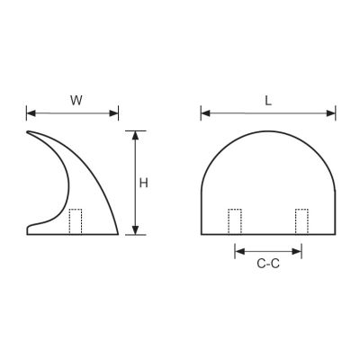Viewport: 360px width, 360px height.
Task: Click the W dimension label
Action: click(x=76, y=100)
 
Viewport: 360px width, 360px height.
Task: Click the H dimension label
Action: click(x=144, y=183)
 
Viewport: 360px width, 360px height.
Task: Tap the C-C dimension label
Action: click(x=267, y=265)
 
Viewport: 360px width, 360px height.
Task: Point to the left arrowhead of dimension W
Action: click(x=31, y=113)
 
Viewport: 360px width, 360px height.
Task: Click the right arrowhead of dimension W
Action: click(x=115, y=113)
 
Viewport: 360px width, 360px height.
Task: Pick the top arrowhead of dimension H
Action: click(x=136, y=135)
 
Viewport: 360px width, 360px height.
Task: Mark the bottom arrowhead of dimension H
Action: click(x=136, y=229)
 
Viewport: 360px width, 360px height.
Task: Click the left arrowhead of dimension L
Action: click(x=204, y=113)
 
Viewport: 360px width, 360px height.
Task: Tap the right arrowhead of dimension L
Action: click(x=332, y=113)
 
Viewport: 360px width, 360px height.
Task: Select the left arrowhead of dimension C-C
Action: click(x=238, y=250)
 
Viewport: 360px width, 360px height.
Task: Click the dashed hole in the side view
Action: click(x=76, y=221)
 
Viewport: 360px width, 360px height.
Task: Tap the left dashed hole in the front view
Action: click(x=235, y=221)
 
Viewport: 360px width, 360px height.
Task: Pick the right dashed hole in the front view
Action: click(x=301, y=221)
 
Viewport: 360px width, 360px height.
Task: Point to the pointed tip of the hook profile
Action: click(x=28, y=134)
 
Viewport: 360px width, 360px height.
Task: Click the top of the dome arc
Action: click(x=268, y=131)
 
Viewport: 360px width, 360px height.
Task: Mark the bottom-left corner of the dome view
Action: click(x=201, y=234)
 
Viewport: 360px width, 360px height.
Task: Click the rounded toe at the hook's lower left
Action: click(x=29, y=230)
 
